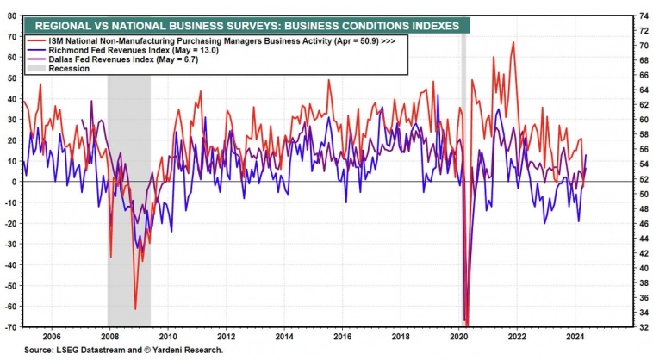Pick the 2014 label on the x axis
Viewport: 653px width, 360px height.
(x=283, y=337)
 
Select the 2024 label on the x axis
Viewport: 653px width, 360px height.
(x=575, y=337)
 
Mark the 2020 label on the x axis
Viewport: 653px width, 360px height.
(x=459, y=337)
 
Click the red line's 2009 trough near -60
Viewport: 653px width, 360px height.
(x=135, y=308)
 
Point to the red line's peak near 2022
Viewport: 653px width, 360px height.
(x=513, y=42)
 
